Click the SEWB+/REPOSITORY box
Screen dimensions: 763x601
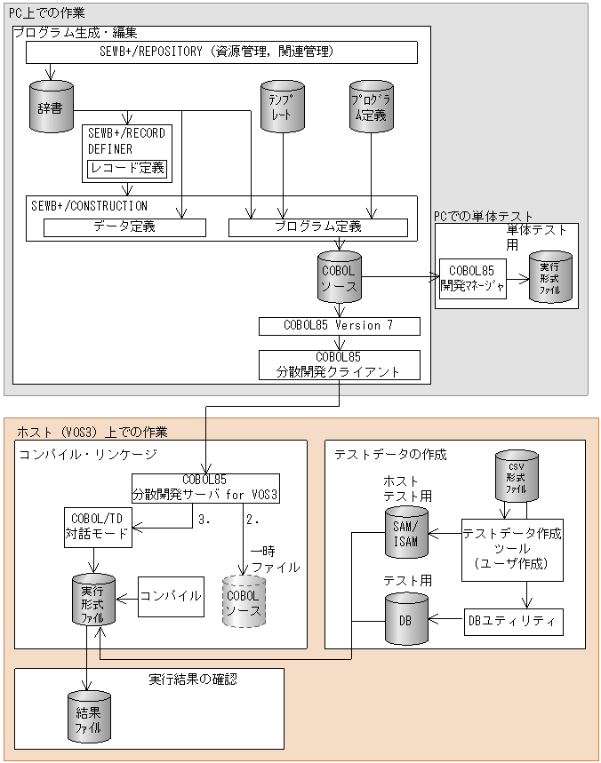(x=221, y=52)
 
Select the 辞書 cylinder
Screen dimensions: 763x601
(x=50, y=106)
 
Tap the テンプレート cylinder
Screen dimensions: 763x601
(x=282, y=106)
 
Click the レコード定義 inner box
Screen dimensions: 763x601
(x=126, y=168)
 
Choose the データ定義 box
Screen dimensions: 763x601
(x=124, y=227)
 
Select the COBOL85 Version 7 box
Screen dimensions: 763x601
(x=339, y=326)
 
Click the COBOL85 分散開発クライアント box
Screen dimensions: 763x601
(x=339, y=364)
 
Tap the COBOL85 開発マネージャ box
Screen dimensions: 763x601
(x=472, y=278)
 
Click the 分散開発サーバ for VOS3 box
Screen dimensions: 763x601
(x=205, y=486)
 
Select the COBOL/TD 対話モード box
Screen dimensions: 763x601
(x=98, y=528)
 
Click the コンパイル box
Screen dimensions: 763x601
(x=172, y=596)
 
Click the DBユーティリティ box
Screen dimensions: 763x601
(x=514, y=620)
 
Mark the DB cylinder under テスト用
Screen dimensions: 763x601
(x=405, y=619)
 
